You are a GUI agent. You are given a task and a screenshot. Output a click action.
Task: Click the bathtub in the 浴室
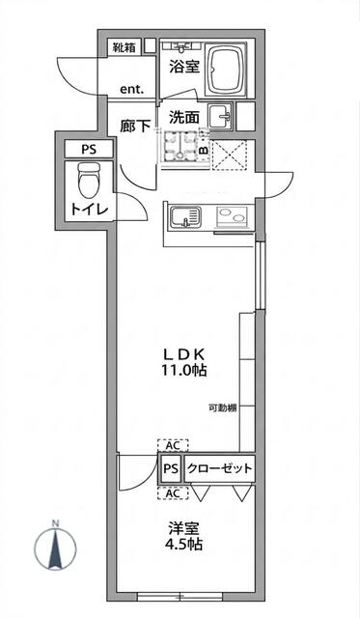click(x=226, y=70)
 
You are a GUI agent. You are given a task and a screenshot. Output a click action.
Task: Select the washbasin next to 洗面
click(x=220, y=116)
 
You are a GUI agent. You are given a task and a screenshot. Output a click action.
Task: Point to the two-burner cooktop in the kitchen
click(x=232, y=217)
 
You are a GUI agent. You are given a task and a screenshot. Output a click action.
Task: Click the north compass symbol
click(x=56, y=547)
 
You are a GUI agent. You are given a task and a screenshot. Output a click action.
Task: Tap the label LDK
click(x=183, y=354)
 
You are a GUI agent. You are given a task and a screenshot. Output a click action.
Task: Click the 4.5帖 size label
click(x=183, y=545)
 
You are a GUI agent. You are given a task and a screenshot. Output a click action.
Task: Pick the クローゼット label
click(x=219, y=468)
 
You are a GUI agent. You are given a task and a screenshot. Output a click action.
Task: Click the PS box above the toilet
click(x=89, y=150)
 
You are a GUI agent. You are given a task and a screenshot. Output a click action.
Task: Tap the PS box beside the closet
click(x=171, y=469)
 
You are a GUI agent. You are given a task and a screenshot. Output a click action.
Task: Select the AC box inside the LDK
click(x=173, y=445)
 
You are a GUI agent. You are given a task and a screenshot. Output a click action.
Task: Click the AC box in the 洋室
click(x=173, y=493)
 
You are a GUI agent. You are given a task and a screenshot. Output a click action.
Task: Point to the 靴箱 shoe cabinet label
click(x=125, y=47)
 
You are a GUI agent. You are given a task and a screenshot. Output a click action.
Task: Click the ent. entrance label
click(x=132, y=90)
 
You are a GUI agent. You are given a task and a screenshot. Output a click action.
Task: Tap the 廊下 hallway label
click(x=135, y=126)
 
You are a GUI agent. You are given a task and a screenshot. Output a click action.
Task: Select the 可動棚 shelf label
click(x=223, y=408)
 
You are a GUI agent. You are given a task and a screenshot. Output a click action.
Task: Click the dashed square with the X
click(x=230, y=154)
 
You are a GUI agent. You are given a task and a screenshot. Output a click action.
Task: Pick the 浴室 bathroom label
click(x=184, y=67)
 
